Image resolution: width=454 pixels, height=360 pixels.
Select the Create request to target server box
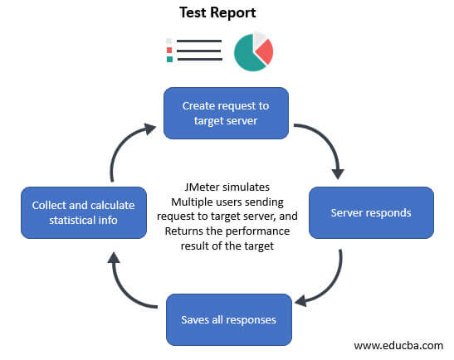point(226,113)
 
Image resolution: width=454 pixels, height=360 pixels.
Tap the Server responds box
point(371,212)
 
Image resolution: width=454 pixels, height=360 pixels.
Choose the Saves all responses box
point(228,319)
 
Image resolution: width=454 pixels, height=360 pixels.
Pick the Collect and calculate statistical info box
point(83,212)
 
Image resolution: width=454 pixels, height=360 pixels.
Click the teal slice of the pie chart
point(247,56)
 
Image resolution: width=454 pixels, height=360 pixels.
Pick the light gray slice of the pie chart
point(260,38)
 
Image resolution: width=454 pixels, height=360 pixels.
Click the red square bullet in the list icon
point(169,50)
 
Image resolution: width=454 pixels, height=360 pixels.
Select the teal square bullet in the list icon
point(169,59)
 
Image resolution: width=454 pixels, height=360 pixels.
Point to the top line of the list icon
point(199,41)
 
